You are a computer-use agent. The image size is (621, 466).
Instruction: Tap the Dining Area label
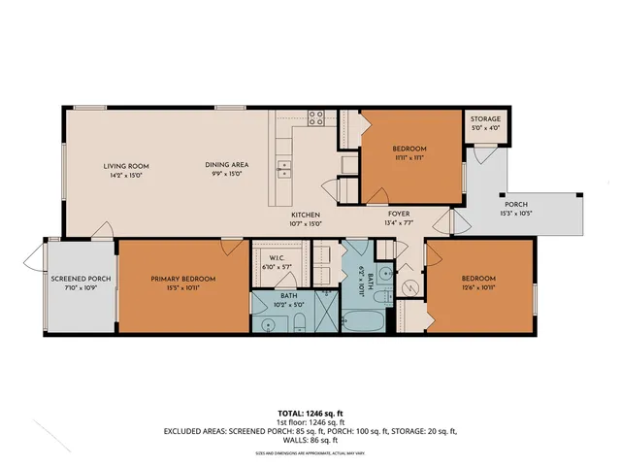[x=223, y=165]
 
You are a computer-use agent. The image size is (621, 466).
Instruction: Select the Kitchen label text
[x=306, y=215]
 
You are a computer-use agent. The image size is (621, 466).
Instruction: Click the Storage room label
[x=486, y=118]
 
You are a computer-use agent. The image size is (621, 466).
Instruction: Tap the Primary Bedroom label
[x=182, y=279]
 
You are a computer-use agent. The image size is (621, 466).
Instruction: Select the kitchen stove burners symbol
[x=316, y=118]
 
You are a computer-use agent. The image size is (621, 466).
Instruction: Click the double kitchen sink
[x=284, y=173]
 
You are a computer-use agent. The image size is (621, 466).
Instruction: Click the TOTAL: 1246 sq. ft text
[x=310, y=411]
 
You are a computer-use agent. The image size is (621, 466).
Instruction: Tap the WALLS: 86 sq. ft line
[x=310, y=440]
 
